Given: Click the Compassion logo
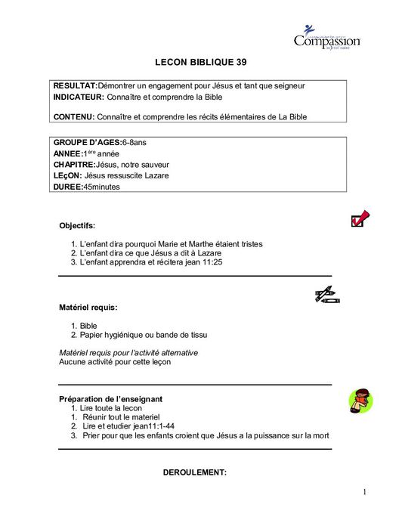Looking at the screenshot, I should (326, 38).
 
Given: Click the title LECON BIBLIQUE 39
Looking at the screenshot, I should (200, 62).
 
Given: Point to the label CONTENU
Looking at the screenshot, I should (74, 116).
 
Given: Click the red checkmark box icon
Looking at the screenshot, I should (360, 219).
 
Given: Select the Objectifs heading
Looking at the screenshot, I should (77, 225).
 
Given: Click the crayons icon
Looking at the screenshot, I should (326, 296).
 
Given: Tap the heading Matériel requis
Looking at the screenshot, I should (88, 308).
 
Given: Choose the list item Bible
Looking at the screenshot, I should (88, 326).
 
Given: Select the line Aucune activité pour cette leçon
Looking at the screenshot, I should (115, 362).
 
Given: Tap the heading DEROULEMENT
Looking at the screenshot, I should (195, 472).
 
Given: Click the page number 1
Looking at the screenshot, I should (364, 493).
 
